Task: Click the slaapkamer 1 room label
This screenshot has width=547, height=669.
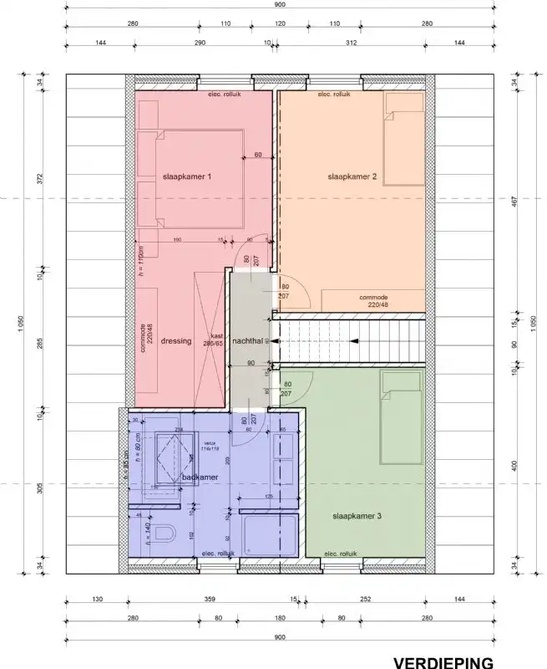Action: (x=187, y=177)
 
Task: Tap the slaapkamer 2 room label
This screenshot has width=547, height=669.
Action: (x=353, y=177)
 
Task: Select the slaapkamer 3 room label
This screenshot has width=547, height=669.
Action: (x=357, y=517)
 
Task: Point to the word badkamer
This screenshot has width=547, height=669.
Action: (x=200, y=477)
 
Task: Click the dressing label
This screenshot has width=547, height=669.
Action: (x=176, y=341)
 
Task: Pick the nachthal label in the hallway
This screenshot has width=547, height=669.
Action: (x=249, y=341)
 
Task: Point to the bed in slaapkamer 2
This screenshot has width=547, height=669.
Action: (x=404, y=138)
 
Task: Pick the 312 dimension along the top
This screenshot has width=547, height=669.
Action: (x=351, y=42)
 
